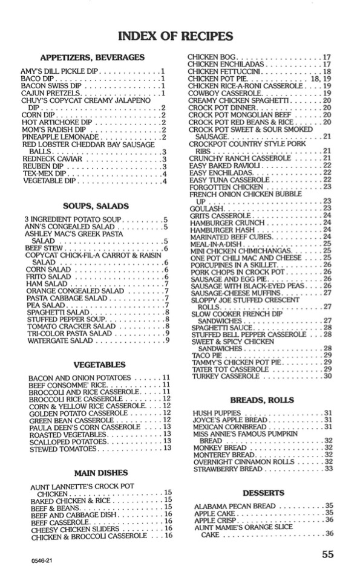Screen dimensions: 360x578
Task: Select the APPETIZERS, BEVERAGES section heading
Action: [92, 57]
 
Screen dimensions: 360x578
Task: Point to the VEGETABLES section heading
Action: [99, 365]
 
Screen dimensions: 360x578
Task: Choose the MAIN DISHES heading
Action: [99, 472]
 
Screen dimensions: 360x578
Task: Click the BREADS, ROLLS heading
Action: [262, 400]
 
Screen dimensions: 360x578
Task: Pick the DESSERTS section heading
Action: [263, 493]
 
